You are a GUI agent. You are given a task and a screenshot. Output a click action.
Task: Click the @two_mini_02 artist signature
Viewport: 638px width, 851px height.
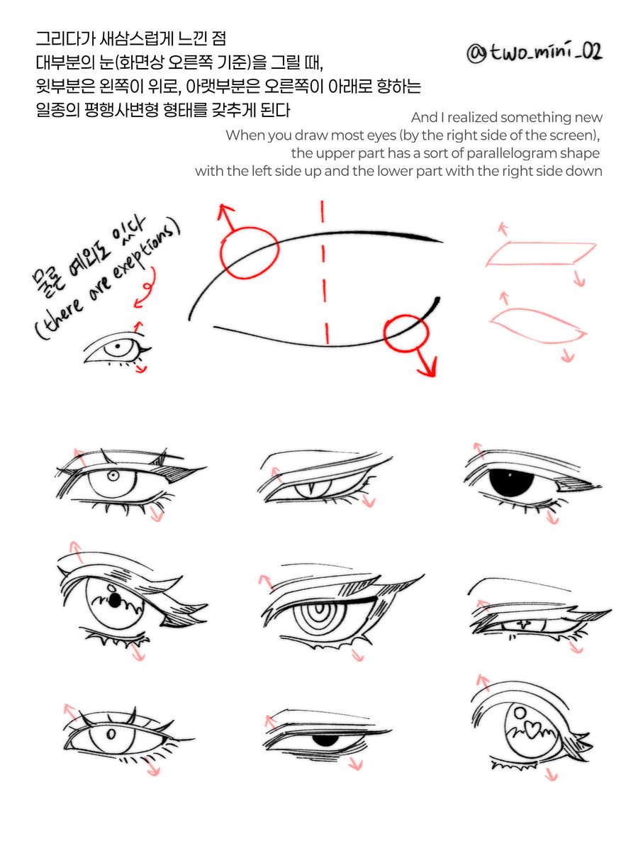point(535,52)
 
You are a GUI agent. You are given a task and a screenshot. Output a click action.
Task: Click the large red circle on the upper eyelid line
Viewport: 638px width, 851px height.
point(250,252)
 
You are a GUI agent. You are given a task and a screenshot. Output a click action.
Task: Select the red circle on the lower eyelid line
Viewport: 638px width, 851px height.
point(406,333)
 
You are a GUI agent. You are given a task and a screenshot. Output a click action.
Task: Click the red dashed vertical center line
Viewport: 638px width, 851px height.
point(325,272)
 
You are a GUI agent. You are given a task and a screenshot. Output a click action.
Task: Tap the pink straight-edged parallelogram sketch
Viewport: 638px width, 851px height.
point(541,254)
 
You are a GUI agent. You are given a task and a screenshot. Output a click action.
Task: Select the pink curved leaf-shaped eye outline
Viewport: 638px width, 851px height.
point(539,326)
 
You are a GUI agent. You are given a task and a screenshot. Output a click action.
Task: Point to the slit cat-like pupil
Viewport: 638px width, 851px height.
point(310,489)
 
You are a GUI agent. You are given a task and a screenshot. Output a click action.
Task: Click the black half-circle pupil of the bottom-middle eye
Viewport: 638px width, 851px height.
point(326,740)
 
